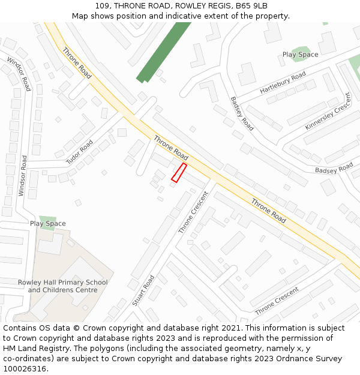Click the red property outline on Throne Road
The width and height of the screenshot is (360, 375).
click(x=179, y=172)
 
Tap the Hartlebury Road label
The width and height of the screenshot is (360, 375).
click(x=283, y=82)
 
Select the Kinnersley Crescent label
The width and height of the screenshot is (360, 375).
click(x=328, y=111)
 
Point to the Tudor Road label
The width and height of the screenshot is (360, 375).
click(x=80, y=152)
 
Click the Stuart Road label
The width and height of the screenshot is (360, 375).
click(x=143, y=290)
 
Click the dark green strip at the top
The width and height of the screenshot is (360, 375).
click(x=163, y=52)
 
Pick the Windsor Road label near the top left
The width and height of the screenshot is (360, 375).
click(x=19, y=74)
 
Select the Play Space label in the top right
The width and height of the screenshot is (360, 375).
click(x=300, y=55)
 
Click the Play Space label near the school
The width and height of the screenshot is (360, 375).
click(x=48, y=224)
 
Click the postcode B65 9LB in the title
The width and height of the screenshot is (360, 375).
click(x=251, y=5)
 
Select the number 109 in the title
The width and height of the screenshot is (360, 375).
click(x=102, y=5)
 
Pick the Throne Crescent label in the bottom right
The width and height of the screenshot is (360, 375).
click(x=277, y=301)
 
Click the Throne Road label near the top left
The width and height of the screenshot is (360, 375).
click(x=77, y=64)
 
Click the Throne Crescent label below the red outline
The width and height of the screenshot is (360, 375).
click(x=193, y=212)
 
